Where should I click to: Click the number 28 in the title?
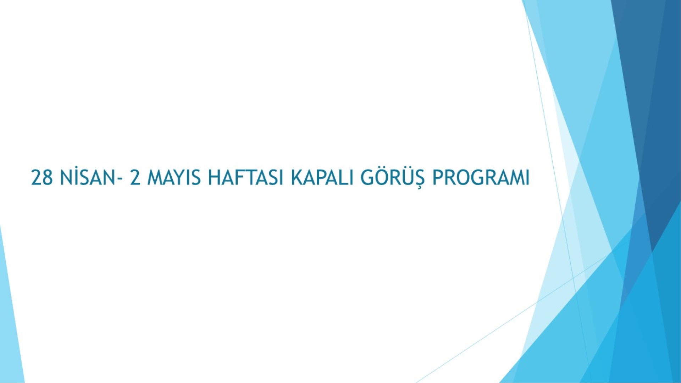(42, 178)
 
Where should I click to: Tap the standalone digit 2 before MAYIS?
(135, 178)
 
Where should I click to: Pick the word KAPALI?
(322, 178)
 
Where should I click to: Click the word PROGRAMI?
(481, 178)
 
